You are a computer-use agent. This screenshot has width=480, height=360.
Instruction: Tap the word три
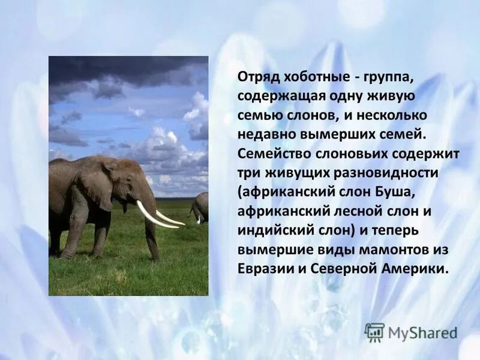pos(247,173)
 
